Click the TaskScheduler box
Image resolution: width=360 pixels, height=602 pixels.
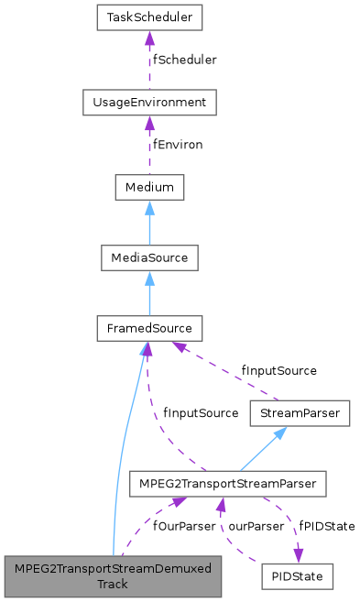148,17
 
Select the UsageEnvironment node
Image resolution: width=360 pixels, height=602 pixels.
148,102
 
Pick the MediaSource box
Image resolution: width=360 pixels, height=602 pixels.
148,257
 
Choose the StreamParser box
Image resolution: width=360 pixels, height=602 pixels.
299,413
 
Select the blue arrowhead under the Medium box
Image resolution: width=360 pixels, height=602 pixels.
148,207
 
